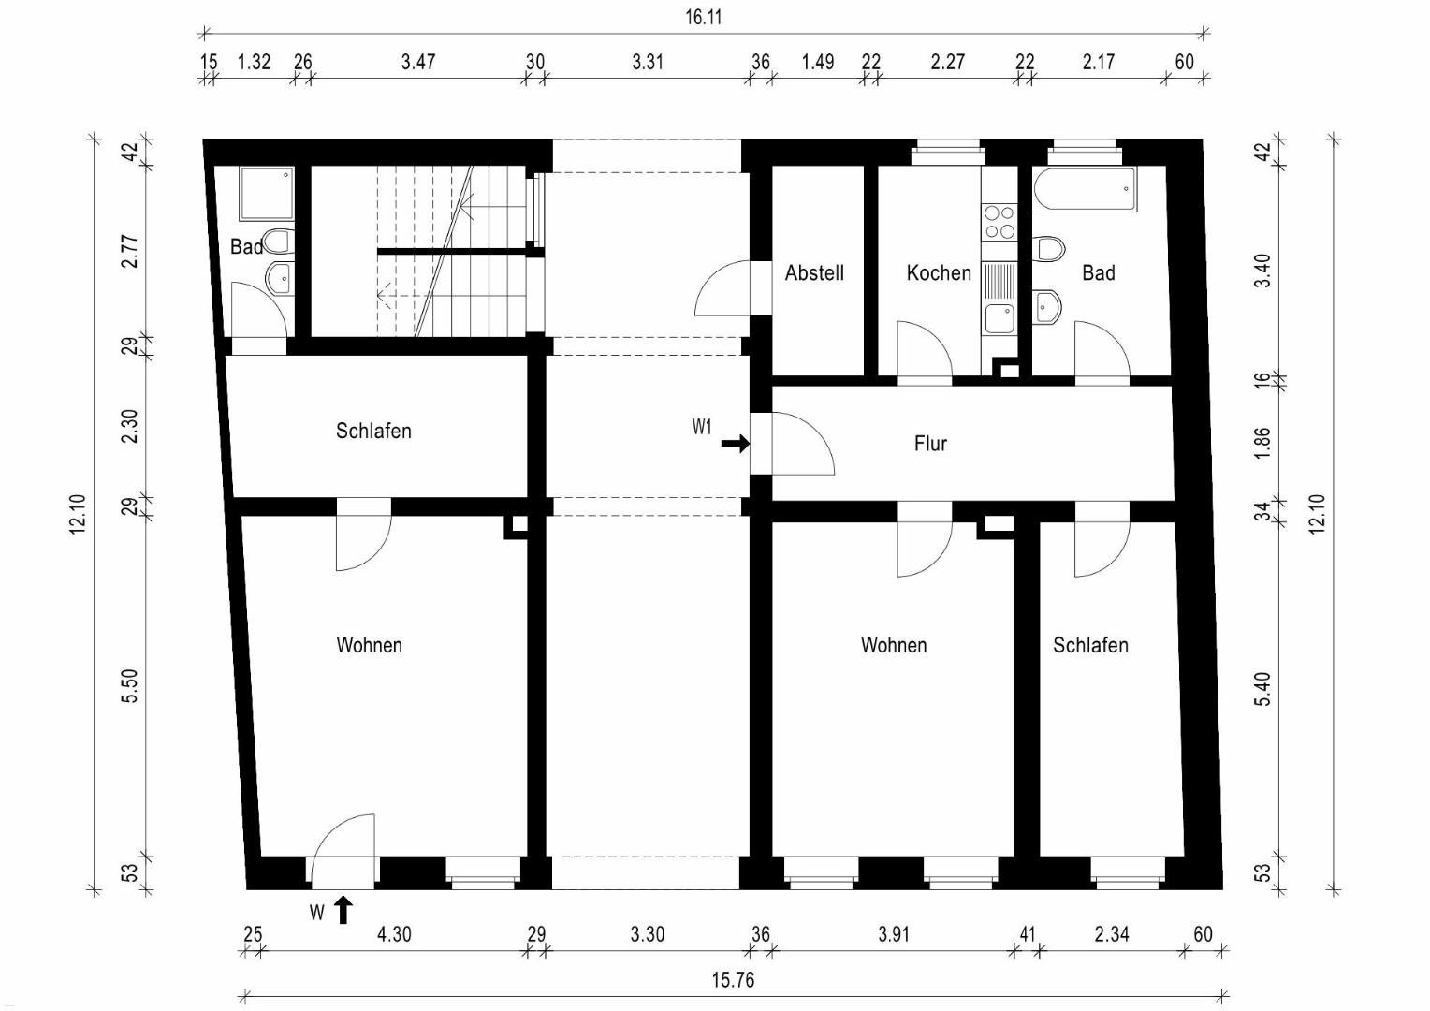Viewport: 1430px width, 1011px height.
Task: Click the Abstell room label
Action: coord(814,272)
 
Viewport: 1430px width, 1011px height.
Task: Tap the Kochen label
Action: coord(939,272)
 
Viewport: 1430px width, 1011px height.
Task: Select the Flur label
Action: coord(930,443)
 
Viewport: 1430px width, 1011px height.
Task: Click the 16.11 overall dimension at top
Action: coord(704,17)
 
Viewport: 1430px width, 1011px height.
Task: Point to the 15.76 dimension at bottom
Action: coord(733,980)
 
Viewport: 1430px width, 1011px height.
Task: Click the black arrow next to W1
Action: coord(736,443)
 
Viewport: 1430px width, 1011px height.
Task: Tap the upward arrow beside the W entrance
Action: coord(343,910)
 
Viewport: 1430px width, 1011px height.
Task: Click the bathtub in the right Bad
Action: coord(1085,189)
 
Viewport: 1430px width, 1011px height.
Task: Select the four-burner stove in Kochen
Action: coord(1000,222)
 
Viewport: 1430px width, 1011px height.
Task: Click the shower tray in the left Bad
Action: coord(267,194)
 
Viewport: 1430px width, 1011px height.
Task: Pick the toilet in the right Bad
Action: coord(1049,248)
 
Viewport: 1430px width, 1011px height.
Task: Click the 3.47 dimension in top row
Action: coord(418,62)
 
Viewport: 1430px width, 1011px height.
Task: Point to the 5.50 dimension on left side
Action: coord(129,686)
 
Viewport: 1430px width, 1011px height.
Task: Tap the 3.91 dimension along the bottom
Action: coord(893,934)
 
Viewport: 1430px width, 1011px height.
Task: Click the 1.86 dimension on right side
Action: coord(1262,443)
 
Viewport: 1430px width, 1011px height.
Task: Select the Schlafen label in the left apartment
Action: coord(373,431)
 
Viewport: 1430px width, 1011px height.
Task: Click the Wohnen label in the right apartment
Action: coord(893,645)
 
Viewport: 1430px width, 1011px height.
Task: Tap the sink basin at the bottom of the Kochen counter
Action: coord(1000,318)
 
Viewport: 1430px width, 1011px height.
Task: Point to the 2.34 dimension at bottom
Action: coord(1112,934)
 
